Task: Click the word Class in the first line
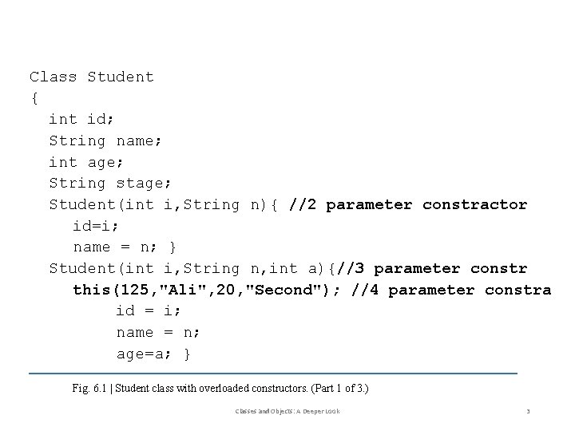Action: click(54, 77)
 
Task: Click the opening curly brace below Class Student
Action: click(34, 98)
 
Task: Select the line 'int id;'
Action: click(82, 120)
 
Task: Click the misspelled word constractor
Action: click(474, 205)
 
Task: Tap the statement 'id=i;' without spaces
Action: click(97, 226)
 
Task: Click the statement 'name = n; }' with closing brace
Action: click(125, 247)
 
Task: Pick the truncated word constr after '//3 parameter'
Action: click(499, 269)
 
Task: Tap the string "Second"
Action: click(284, 290)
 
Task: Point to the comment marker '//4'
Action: click(364, 290)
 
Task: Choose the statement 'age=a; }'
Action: click(153, 354)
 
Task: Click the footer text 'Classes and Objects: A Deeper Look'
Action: click(287, 411)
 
